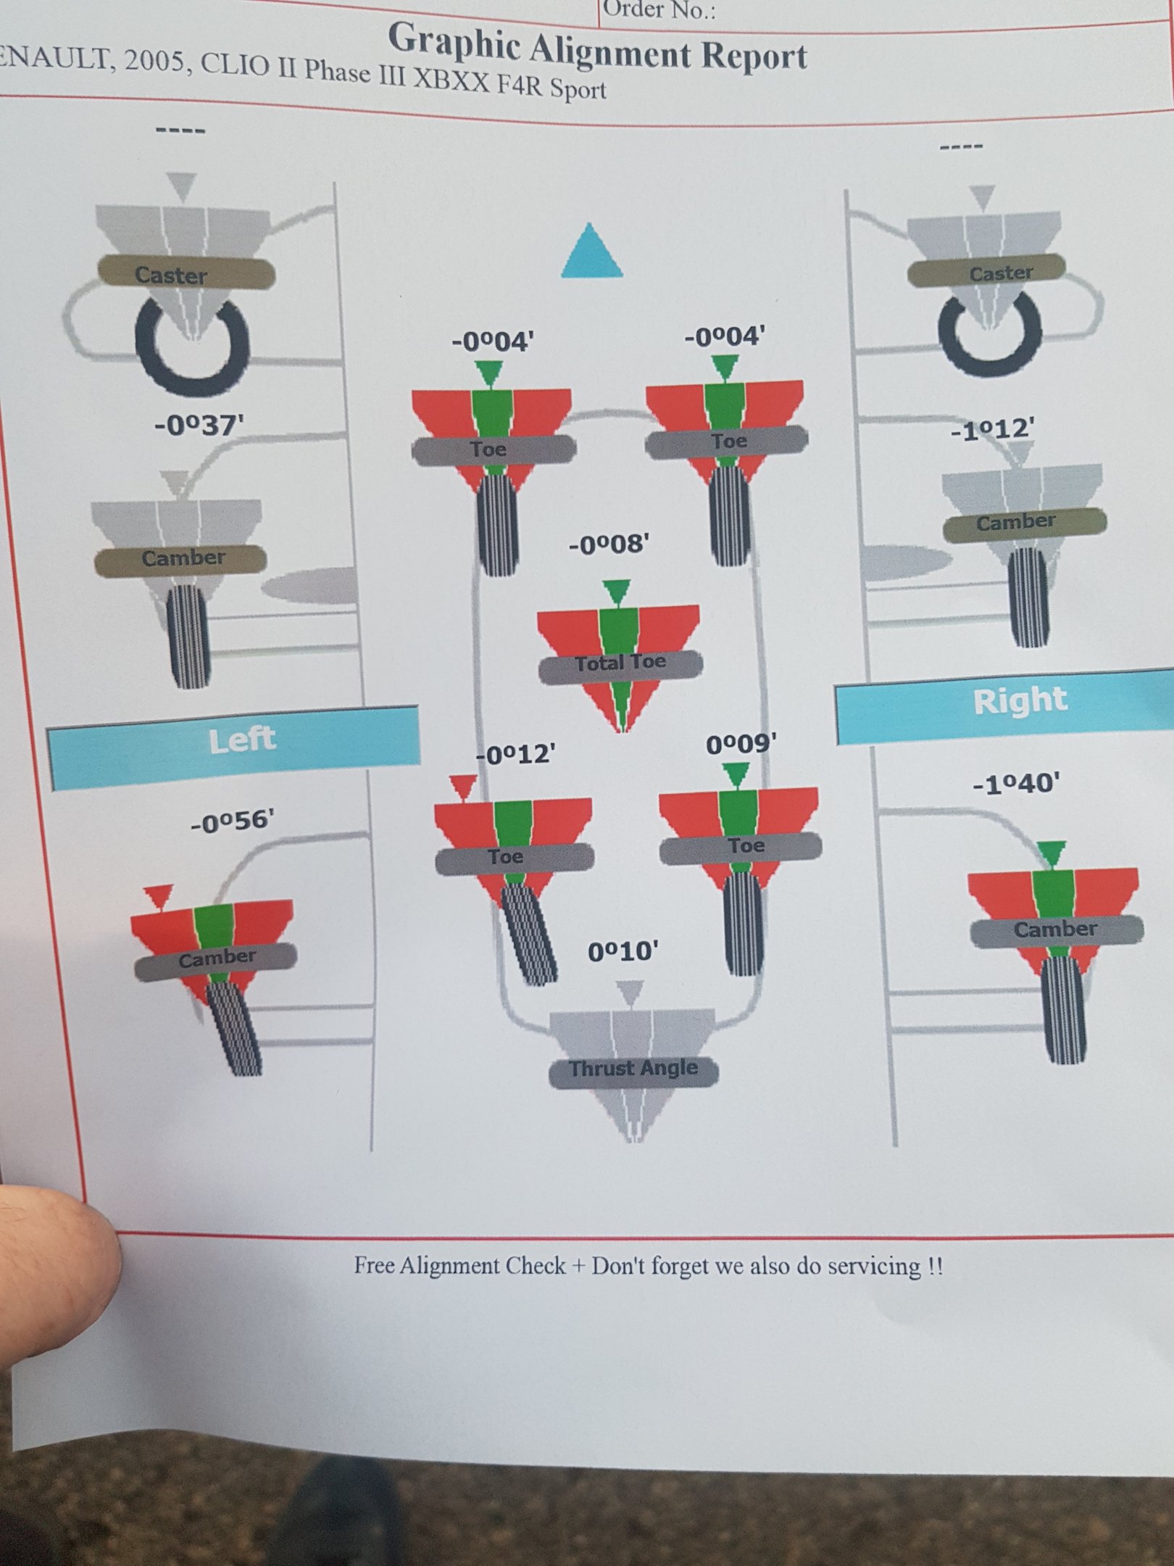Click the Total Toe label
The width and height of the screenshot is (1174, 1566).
(620, 663)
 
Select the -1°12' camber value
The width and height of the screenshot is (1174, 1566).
(993, 429)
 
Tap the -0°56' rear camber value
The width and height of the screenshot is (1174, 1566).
(233, 822)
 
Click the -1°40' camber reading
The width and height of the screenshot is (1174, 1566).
(1017, 784)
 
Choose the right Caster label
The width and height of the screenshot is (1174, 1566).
(1001, 273)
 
